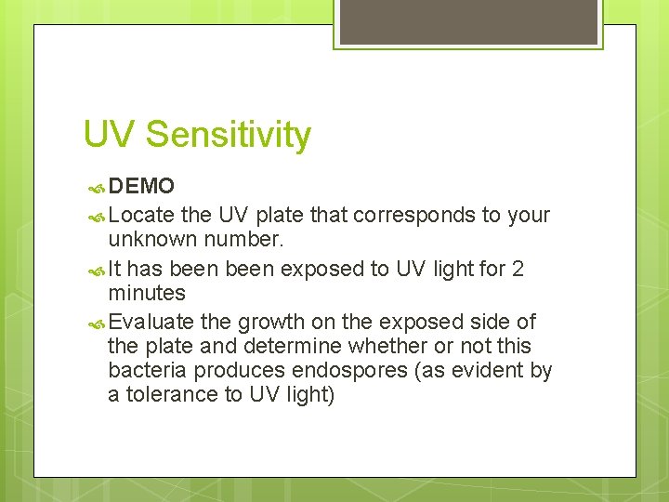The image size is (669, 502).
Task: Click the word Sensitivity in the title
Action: [x=228, y=136]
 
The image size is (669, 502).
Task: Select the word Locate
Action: [x=142, y=216]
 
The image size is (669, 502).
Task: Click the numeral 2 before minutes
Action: [x=518, y=270]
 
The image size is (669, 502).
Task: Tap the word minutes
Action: [x=147, y=294]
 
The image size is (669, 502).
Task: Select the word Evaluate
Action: [x=151, y=322]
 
